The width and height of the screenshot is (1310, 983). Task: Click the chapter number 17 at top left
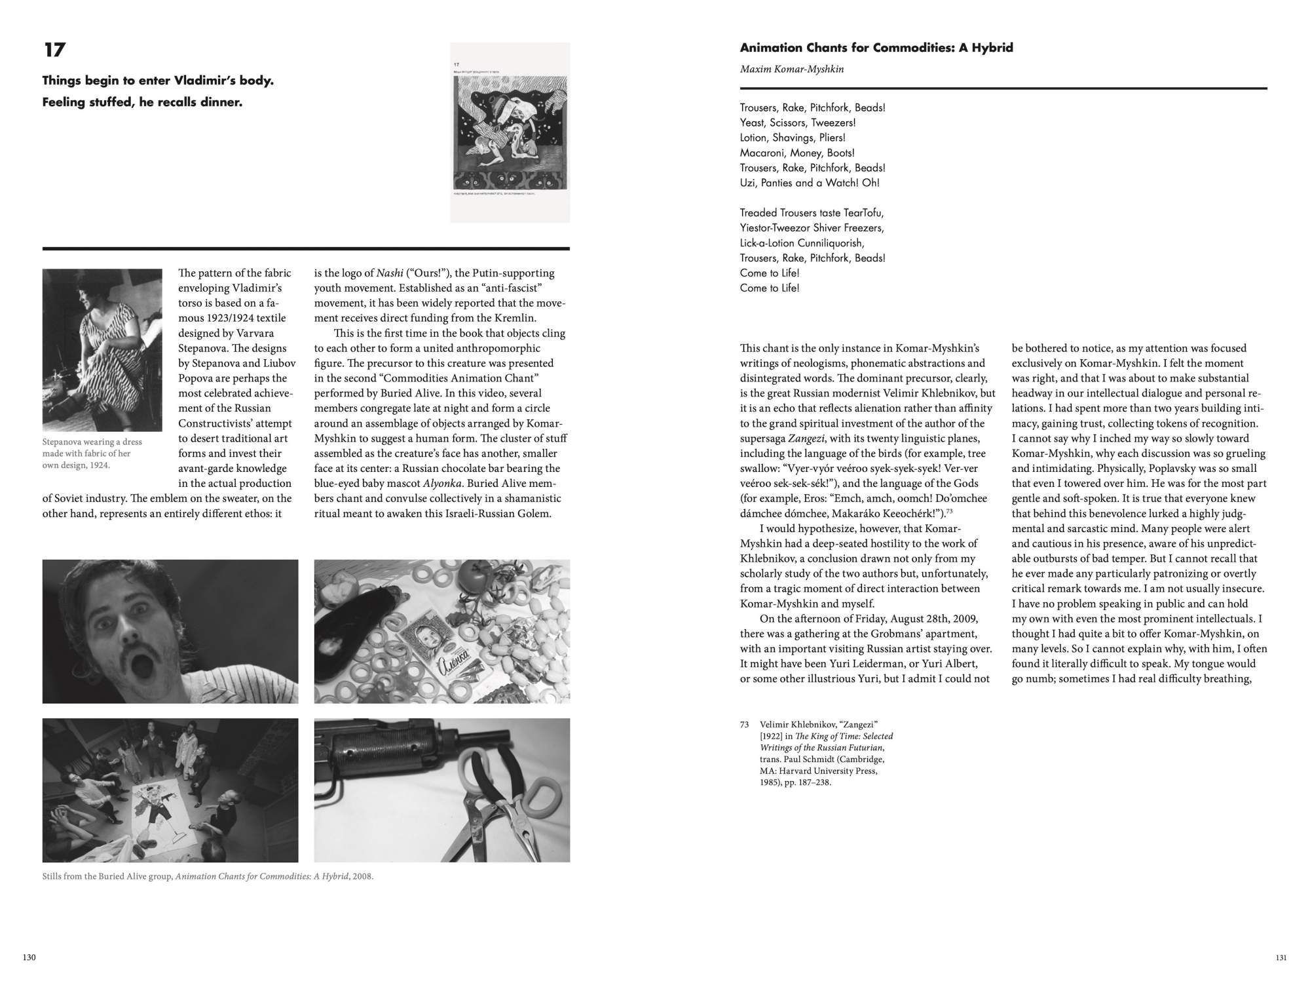[x=54, y=50]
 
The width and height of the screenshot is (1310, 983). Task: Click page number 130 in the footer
[x=29, y=957]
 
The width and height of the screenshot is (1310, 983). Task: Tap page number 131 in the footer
[x=1281, y=957]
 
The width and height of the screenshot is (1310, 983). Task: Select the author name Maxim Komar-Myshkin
[x=791, y=69]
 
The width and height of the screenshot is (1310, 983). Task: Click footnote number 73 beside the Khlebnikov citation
[x=744, y=725]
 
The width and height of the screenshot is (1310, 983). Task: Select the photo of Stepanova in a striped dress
[x=102, y=350]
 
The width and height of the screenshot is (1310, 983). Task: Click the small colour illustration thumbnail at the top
[x=510, y=132]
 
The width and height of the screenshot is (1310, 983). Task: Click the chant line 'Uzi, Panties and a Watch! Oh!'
[x=809, y=183]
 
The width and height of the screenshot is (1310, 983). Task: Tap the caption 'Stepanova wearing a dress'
[x=92, y=442]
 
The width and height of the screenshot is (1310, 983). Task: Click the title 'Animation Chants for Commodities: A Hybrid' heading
[x=876, y=47]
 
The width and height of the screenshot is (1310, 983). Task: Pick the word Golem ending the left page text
[x=535, y=513]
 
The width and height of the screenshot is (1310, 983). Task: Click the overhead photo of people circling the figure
[x=170, y=790]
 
